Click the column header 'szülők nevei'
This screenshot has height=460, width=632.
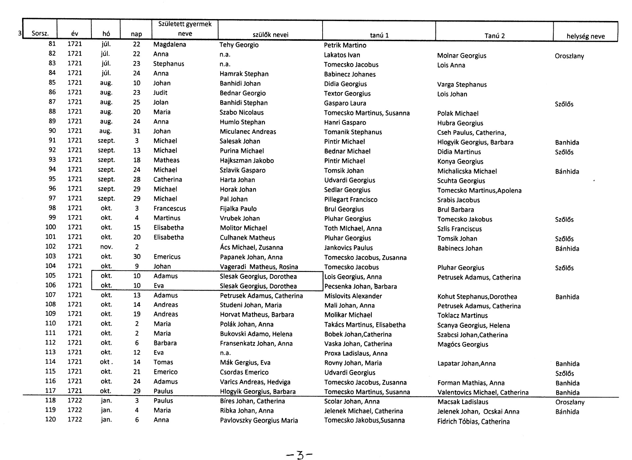(x=270, y=35)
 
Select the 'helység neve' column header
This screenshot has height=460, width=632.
(x=585, y=36)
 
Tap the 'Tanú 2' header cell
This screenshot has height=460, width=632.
(x=494, y=36)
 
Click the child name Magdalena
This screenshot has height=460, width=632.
(x=170, y=44)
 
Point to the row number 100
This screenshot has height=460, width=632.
(x=51, y=227)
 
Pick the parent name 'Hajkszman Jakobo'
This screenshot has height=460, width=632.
(x=247, y=160)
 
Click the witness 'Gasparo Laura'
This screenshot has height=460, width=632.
(x=345, y=103)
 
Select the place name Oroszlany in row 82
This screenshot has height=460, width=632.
(x=569, y=56)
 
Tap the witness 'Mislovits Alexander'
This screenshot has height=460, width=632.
(x=353, y=296)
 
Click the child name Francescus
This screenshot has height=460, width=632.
(x=170, y=208)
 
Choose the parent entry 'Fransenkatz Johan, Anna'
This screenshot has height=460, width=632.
(x=256, y=344)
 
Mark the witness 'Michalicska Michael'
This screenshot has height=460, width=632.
(x=467, y=171)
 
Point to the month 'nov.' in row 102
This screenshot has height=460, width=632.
(x=106, y=247)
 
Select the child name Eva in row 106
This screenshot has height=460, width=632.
(x=159, y=286)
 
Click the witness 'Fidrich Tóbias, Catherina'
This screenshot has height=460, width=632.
(x=473, y=422)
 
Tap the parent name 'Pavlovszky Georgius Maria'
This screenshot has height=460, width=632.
(x=259, y=421)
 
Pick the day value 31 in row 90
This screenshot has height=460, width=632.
(x=137, y=131)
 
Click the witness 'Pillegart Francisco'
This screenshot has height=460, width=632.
(x=351, y=200)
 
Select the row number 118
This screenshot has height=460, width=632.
(x=51, y=400)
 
